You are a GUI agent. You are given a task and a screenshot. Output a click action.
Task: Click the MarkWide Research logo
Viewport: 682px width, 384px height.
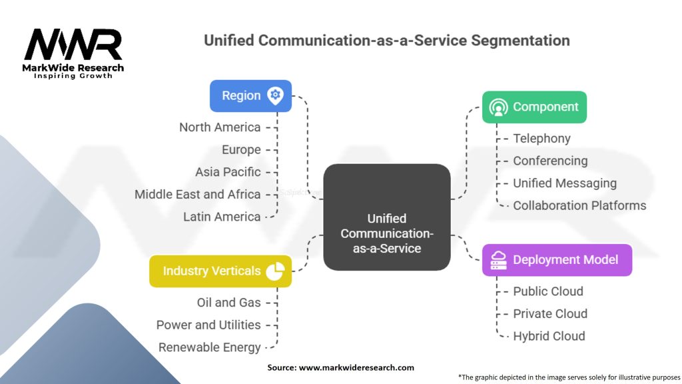(73, 53)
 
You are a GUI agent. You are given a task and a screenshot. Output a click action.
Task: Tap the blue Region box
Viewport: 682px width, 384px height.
(250, 95)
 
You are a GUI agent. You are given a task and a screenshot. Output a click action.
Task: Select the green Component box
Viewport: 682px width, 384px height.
(534, 107)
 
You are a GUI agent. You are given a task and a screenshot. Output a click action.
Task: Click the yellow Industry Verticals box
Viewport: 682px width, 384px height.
(220, 271)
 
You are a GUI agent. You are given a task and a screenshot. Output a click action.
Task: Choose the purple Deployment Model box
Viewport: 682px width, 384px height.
(557, 259)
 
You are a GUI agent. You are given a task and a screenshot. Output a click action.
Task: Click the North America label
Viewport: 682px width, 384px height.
(220, 127)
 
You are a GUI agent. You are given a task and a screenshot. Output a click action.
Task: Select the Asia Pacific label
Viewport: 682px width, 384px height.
(228, 171)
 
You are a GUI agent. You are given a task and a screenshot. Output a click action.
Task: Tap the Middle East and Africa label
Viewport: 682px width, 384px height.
(198, 194)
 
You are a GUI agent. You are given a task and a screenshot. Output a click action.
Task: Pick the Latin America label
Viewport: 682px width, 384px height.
(222, 217)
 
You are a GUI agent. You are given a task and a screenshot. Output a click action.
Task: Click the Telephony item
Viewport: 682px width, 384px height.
(541, 139)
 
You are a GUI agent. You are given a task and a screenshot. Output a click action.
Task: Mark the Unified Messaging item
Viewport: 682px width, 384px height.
(564, 183)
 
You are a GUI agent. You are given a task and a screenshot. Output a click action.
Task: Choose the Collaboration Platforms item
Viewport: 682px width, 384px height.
(579, 205)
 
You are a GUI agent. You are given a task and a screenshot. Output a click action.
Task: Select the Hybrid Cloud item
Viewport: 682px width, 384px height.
(549, 336)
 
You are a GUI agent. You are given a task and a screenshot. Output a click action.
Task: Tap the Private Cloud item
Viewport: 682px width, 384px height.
(549, 313)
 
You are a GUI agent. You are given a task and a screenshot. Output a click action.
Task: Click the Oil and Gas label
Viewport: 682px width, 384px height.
(228, 302)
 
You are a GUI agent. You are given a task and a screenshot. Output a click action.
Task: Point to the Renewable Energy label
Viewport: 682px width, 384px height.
(209, 347)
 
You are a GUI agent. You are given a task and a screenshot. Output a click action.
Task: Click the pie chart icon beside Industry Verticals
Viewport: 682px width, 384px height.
(275, 271)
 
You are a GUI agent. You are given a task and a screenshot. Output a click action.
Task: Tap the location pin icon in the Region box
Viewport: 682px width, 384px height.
(274, 95)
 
